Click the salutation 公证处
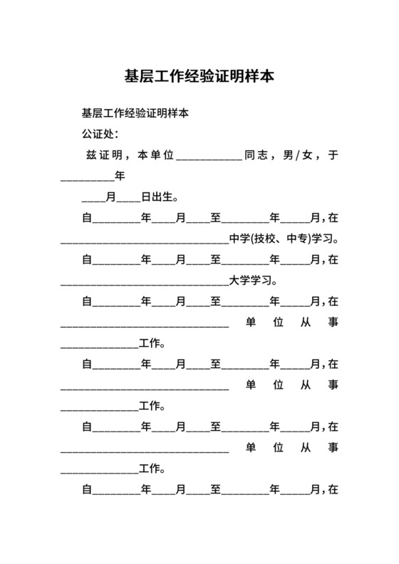(x=97, y=134)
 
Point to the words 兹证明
(x=103, y=155)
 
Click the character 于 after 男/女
(x=333, y=155)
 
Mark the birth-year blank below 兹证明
(x=87, y=177)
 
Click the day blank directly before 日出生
(x=128, y=199)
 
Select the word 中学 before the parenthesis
(x=240, y=239)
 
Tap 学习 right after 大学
(x=261, y=281)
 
